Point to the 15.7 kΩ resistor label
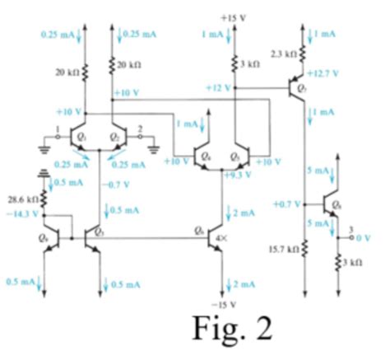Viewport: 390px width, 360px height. (x=288, y=246)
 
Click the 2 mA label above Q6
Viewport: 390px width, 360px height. (x=243, y=213)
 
